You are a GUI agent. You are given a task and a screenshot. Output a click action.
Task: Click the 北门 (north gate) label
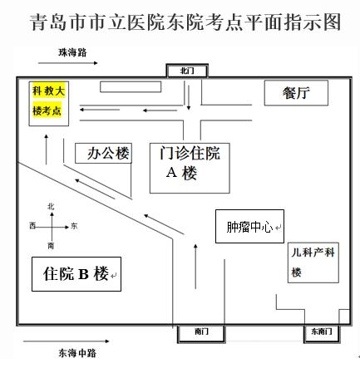click(x=187, y=71)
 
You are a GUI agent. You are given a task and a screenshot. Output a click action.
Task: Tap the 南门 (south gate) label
click(x=201, y=331)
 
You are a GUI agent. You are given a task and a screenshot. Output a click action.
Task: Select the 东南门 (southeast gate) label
click(x=322, y=331)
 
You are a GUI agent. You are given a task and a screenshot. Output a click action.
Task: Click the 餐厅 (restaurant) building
click(x=296, y=93)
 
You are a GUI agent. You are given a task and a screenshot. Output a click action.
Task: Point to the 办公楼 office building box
click(x=103, y=153)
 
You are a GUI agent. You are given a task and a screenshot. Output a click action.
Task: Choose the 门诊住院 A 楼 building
click(x=190, y=168)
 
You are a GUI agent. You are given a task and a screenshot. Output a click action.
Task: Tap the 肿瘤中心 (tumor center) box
click(x=249, y=227)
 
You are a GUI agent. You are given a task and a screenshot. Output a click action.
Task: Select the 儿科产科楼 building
click(x=313, y=263)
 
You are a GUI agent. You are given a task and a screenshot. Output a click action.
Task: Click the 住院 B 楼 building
click(x=76, y=274)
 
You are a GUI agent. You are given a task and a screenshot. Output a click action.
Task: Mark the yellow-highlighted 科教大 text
click(x=49, y=91)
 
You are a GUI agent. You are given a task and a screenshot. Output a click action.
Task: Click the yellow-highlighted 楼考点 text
click(x=47, y=110)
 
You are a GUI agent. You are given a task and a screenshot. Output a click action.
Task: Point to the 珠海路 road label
click(x=72, y=52)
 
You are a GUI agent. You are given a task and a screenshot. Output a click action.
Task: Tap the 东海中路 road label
click(x=77, y=353)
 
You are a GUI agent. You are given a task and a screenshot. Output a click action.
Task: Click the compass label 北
click(x=51, y=207)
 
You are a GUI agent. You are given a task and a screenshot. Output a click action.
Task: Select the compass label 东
click(x=74, y=226)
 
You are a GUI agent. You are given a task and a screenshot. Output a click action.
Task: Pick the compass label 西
click(x=32, y=226)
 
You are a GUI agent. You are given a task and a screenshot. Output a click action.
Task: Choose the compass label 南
click(x=51, y=246)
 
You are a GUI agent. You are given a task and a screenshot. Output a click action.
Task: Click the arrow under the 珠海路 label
click(x=68, y=63)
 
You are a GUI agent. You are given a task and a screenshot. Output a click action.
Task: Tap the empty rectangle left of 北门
click(x=131, y=87)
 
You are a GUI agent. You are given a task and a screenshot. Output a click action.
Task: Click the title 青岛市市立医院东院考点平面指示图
click(x=185, y=22)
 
